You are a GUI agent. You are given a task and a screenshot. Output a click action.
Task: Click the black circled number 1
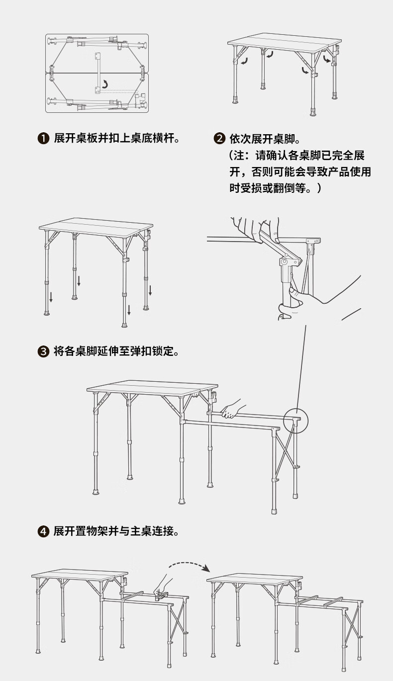[x=44, y=138]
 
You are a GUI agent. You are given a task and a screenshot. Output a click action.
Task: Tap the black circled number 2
[x=219, y=138]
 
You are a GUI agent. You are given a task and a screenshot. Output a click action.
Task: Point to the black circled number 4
[x=44, y=531]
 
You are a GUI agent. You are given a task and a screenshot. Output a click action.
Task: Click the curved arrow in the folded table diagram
[x=104, y=84]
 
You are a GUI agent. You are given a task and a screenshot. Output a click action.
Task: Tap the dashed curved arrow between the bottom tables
[x=188, y=565]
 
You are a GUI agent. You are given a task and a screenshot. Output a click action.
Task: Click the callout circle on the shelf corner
[x=296, y=420]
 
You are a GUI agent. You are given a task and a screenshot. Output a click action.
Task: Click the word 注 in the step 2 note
[x=241, y=155]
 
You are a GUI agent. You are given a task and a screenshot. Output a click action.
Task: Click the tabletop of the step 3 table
[x=96, y=225]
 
